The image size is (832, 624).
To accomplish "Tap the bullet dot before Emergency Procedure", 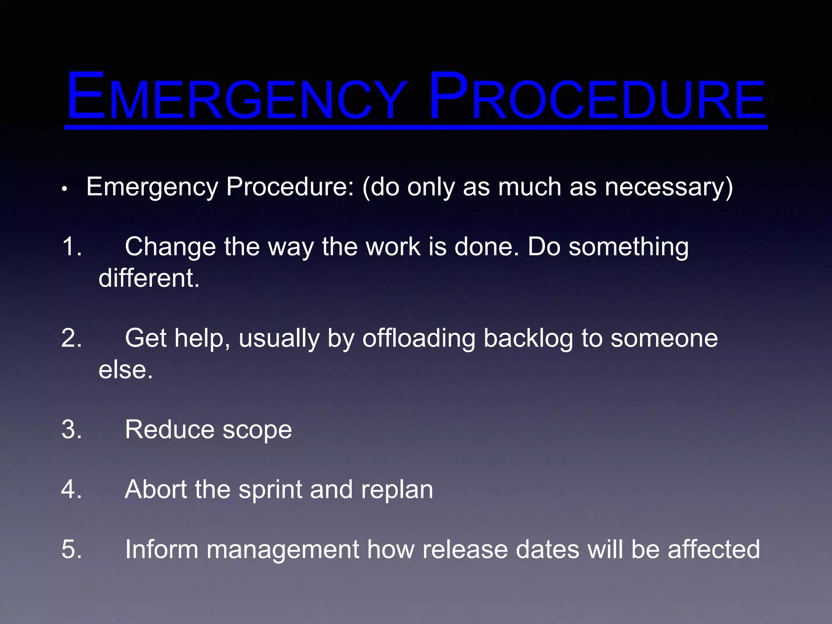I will coord(64,189).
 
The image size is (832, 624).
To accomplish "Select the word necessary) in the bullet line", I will coord(669,188).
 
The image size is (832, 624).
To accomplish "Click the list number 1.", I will coord(71,246).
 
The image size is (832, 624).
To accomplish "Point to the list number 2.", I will coord(71,338).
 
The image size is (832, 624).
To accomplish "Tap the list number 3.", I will coord(71,429).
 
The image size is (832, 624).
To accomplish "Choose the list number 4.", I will coord(71,489).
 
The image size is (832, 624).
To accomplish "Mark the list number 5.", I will coord(71,549).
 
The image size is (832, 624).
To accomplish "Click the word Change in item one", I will coord(170,247).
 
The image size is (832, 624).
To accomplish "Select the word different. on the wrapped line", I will coord(149,278).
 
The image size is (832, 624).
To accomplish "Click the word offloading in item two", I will coord(418,338).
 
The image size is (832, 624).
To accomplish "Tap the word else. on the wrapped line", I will coord(126,370).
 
